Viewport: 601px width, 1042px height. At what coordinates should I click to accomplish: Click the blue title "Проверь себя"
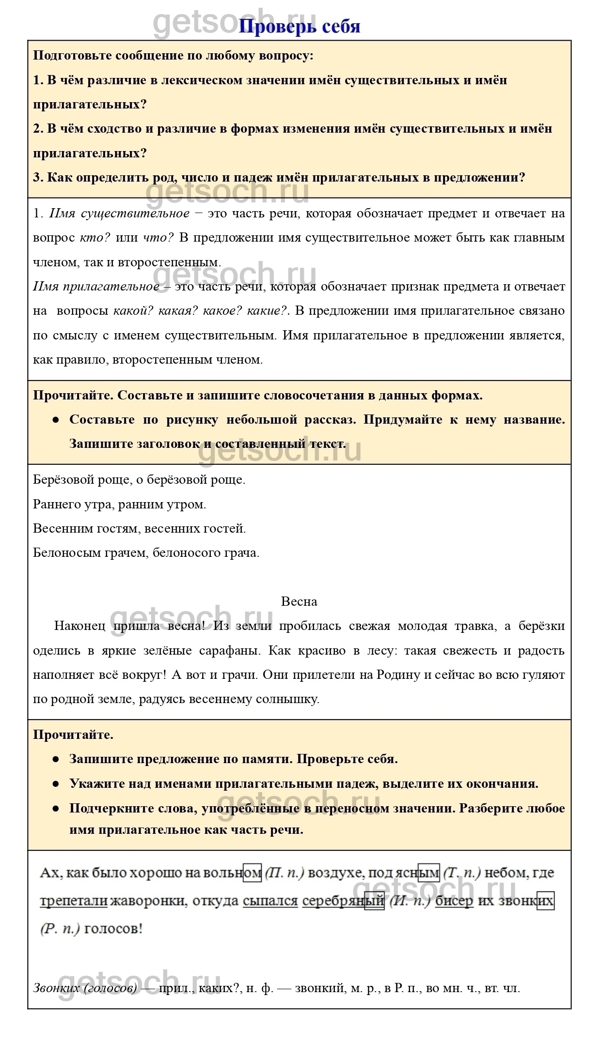click(300, 26)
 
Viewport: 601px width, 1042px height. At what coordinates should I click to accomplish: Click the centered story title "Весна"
click(299, 601)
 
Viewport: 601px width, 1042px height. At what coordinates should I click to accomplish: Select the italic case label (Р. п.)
click(60, 929)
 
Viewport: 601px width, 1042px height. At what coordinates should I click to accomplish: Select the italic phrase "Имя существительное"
click(119, 213)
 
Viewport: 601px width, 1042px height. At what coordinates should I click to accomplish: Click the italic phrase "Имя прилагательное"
click(96, 286)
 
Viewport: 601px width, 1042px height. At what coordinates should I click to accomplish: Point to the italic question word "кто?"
click(95, 238)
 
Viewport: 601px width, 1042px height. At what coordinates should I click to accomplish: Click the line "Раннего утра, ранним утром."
click(119, 504)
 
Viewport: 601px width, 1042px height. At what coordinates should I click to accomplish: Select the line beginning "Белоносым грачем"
click(146, 552)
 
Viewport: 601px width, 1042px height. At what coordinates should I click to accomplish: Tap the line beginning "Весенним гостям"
click(139, 528)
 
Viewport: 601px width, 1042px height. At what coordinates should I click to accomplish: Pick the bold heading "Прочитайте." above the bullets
click(73, 735)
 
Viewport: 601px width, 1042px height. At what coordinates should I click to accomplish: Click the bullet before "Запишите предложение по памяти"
click(56, 759)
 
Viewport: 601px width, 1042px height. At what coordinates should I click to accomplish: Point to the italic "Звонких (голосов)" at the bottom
click(85, 988)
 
